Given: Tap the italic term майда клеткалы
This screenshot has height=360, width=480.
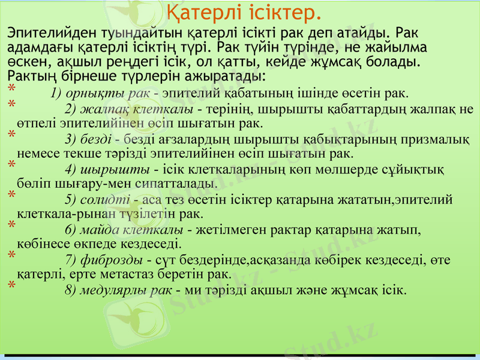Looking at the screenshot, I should point(133,230).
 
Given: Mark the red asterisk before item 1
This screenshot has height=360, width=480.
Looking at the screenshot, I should point(11,90).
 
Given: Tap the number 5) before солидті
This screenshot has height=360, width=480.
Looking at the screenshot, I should point(70,199).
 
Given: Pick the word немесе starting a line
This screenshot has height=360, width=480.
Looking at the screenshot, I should point(37,154).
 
